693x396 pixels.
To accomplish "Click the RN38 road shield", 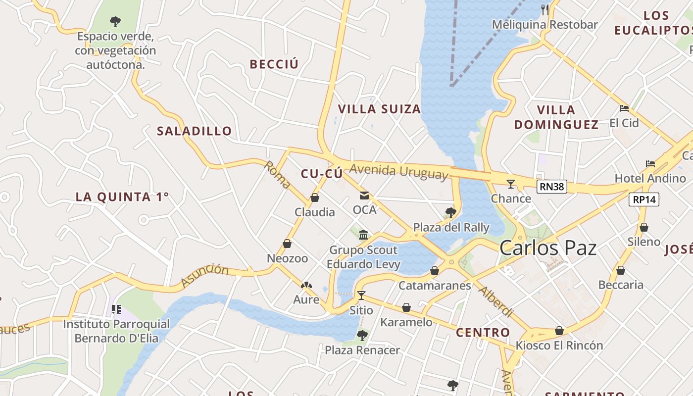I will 551,187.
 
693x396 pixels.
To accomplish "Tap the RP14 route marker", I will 643,199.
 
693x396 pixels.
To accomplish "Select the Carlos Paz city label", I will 548,247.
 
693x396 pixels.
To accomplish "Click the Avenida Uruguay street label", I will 399,172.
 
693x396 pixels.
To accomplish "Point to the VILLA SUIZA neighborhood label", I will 379,109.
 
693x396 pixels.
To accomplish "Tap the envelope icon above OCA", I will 364,196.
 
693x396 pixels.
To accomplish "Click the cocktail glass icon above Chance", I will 511,184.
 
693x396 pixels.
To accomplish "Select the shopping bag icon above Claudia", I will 314,198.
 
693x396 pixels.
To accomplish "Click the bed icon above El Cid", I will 624,108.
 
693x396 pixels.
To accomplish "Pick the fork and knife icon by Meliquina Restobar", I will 545,9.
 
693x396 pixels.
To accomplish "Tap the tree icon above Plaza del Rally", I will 450,213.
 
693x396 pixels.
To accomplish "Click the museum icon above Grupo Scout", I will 363,235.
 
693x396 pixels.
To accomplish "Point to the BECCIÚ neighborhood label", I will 274,64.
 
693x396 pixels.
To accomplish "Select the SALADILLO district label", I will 195,131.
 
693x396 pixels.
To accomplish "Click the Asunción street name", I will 205,276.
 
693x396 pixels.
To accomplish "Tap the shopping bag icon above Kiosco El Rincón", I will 559,331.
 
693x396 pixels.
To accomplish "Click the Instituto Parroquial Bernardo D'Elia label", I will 116,331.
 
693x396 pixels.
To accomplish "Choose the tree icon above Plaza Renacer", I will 362,336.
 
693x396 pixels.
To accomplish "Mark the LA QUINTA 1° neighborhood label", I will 122,197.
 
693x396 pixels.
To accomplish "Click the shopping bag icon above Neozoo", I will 287,244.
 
